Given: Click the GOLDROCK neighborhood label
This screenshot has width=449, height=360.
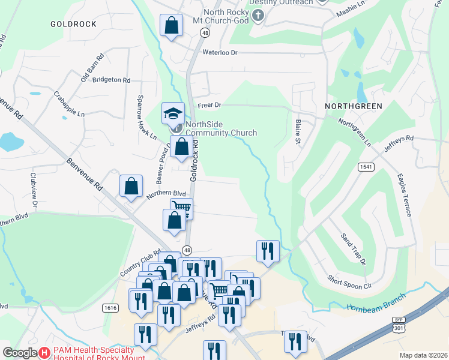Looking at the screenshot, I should click(74, 23).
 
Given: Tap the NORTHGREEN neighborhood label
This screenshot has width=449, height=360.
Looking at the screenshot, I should click(354, 106).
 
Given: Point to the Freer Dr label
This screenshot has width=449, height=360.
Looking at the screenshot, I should click(209, 105).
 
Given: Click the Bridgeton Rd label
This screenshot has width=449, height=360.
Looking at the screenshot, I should click(111, 80).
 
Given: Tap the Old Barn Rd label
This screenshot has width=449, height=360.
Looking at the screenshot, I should click(92, 68).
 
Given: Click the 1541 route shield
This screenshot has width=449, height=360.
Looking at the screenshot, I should click(366, 166).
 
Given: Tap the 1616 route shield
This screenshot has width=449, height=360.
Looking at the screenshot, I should click(110, 308).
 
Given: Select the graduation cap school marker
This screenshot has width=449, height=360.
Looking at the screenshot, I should click(173, 112).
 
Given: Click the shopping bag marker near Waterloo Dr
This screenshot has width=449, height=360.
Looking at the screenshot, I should click(171, 26).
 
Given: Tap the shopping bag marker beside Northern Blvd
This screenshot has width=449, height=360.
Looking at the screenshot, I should click(131, 185).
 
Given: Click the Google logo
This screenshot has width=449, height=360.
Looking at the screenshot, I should click(20, 353).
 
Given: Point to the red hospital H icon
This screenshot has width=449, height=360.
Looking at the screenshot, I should click(44, 353).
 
